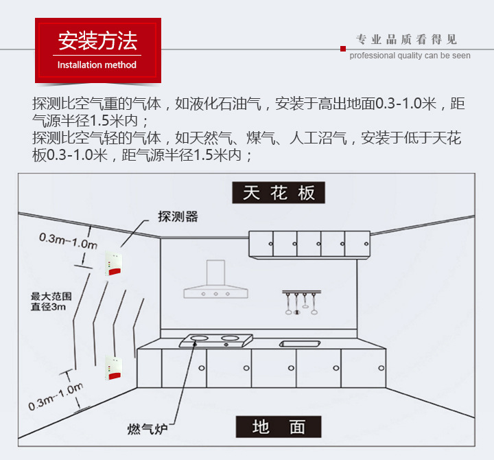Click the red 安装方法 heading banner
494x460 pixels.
pos(97,43)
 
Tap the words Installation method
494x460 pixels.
pos(97,65)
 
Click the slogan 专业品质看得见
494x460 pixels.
pos(406,39)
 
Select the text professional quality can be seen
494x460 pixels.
pos(410,56)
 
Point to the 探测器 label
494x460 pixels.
pos(178,216)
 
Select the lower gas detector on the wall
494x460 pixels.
pos(112,368)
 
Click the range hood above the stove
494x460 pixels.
pos(216,281)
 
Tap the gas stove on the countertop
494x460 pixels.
pos(216,340)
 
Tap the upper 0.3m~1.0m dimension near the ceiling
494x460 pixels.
pos(67,241)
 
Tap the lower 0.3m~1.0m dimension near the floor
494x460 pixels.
pos(56,397)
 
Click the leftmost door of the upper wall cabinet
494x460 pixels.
pos(261,244)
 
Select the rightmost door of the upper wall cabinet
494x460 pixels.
pos(356,244)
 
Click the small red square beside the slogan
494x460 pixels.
pos(343,48)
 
